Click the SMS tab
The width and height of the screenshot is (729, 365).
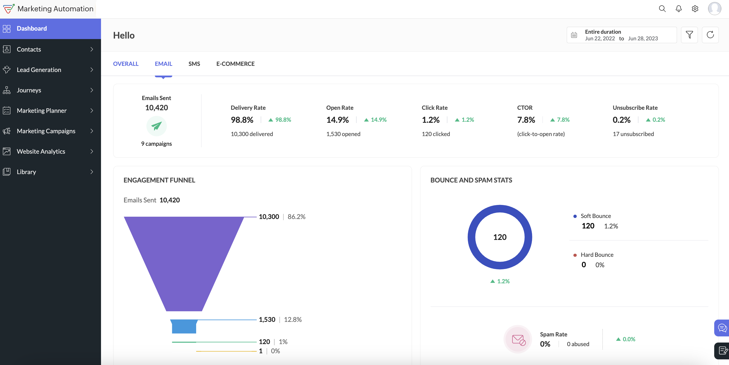194,64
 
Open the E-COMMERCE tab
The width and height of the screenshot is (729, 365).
235,64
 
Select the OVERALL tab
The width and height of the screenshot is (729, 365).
126,64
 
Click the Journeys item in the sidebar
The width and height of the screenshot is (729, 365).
29,90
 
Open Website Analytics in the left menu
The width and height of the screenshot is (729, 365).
41,151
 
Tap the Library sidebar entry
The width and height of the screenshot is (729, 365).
26,172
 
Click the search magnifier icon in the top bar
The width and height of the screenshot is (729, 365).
662,9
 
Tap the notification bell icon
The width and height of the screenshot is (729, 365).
679,9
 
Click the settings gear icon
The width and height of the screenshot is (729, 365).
695,9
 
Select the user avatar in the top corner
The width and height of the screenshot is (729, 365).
714,9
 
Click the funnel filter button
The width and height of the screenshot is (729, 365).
689,35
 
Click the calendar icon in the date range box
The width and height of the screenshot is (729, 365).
574,35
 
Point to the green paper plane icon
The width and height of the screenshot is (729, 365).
157,126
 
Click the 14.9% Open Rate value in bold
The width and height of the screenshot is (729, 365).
337,120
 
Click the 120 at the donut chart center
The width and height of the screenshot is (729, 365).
500,237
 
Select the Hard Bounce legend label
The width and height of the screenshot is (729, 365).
597,254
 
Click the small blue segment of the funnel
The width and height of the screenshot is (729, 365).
184,326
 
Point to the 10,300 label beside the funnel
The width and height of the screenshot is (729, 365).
269,217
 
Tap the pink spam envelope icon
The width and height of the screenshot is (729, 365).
518,339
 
